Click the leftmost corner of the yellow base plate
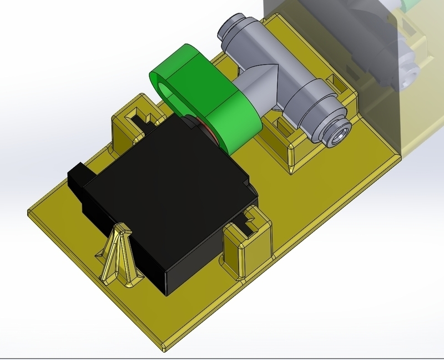pyautogui.click(x=31, y=210)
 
